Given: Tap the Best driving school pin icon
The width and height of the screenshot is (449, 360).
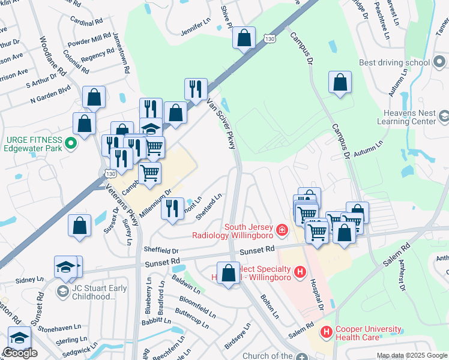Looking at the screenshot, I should coord(442,62).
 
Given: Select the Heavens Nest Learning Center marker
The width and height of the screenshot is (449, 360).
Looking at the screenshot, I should coord(443,115).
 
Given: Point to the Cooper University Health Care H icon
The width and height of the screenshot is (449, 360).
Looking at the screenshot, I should coord(326,331).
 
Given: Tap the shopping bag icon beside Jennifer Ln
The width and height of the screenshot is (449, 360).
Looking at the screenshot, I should coord(244,38).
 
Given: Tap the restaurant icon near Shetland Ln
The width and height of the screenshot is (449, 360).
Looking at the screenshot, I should coord(172,209).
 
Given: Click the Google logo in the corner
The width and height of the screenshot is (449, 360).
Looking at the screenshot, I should coord(20,353).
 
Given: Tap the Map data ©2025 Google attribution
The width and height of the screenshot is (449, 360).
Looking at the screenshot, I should coord(412,355).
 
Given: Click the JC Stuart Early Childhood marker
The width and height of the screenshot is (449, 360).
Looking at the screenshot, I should coord(62,292).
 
